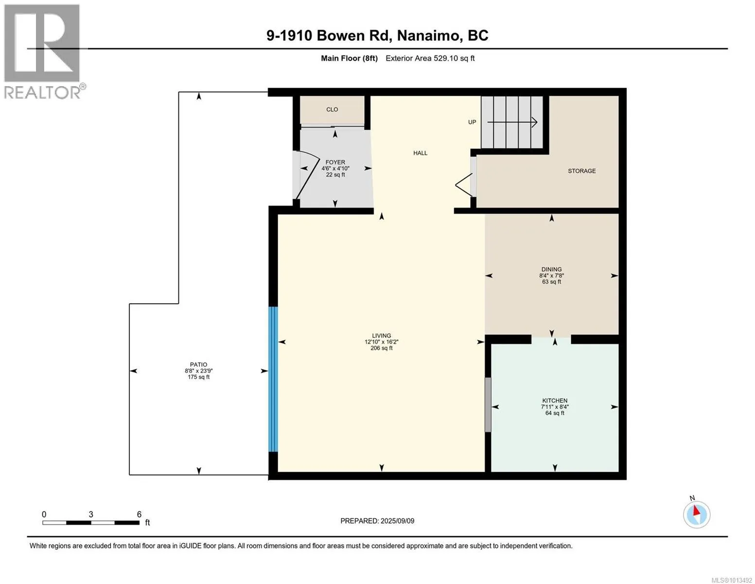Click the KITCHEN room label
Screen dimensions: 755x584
click(x=555, y=401)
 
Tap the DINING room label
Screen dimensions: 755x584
click(x=551, y=269)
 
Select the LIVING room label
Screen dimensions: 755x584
click(x=382, y=336)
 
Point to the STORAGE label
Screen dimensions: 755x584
click(x=581, y=171)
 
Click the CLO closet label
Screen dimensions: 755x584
click(x=332, y=109)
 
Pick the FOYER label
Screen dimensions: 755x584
click(x=335, y=162)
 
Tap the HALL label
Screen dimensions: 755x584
click(x=420, y=153)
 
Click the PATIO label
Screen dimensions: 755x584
click(x=198, y=365)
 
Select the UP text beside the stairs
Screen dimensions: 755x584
click(x=472, y=122)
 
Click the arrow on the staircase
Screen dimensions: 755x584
click(x=512, y=122)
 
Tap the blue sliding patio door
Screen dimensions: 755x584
click(x=273, y=379)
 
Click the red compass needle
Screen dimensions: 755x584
click(x=696, y=510)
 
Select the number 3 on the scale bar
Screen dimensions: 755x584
click(x=91, y=514)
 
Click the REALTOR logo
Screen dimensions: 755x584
click(x=43, y=52)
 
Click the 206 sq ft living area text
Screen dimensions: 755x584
click(x=382, y=348)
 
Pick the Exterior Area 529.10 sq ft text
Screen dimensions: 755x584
click(x=430, y=58)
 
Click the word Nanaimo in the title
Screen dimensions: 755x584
click(x=429, y=36)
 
